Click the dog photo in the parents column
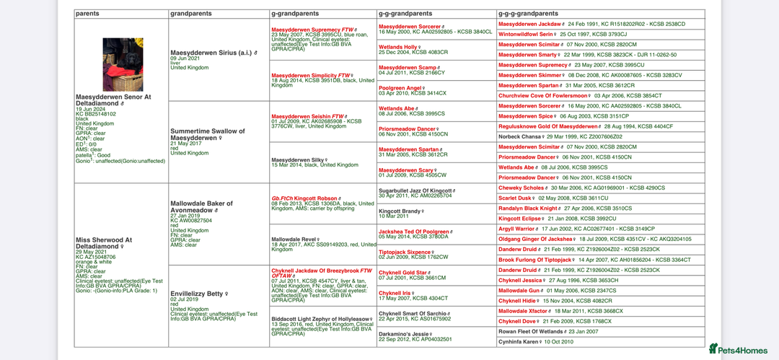tap(123, 64)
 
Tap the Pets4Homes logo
tap(737, 349)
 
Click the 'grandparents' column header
tap(191, 14)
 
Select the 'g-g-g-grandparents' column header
tap(528, 14)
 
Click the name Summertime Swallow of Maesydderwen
tap(208, 134)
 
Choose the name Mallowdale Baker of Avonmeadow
tap(201, 206)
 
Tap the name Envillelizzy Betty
tap(196, 294)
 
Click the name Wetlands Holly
tap(397, 47)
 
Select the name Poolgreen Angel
tap(400, 88)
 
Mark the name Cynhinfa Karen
tap(519, 341)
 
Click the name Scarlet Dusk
tap(516, 198)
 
